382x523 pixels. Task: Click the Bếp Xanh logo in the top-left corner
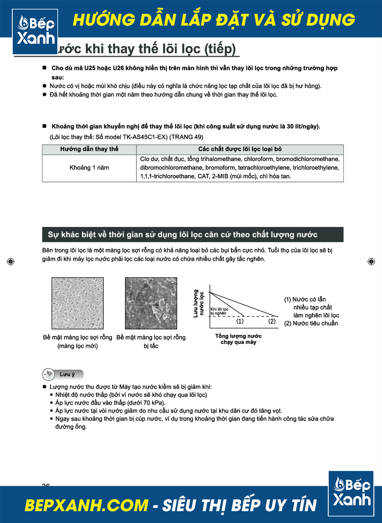click(35, 31)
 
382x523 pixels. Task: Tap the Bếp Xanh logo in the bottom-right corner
click(351, 493)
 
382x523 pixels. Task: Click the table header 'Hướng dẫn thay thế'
click(89, 149)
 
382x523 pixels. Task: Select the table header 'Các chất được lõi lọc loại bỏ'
click(240, 149)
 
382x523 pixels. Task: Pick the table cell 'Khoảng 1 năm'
click(89, 168)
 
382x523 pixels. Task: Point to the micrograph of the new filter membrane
click(78, 303)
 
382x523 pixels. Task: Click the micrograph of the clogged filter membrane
click(151, 303)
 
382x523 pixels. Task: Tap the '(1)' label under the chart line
click(240, 321)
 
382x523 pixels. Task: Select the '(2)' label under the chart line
click(272, 321)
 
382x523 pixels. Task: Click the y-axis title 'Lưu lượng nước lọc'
click(198, 303)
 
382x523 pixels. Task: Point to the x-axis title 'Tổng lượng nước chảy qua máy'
click(238, 339)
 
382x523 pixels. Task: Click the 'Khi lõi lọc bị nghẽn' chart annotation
click(219, 311)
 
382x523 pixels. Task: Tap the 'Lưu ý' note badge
click(63, 374)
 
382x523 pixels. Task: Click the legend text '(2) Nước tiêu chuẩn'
click(311, 324)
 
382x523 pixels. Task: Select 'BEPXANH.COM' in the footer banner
click(86, 505)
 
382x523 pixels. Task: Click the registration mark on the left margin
click(11, 262)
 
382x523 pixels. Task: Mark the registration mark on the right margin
click(371, 262)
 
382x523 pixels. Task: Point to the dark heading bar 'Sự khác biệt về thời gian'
click(193, 235)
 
